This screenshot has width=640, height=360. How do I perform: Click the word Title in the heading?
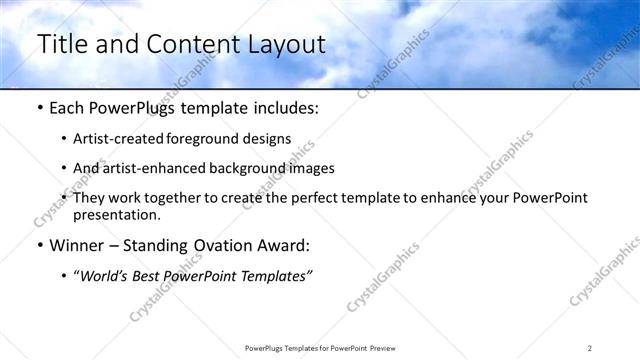pyautogui.click(x=63, y=44)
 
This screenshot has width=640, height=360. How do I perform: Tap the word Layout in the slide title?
pyautogui.click(x=283, y=44)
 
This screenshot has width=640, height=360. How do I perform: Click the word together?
pyautogui.click(x=174, y=198)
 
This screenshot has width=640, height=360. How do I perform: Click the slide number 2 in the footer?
pyautogui.click(x=590, y=348)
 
